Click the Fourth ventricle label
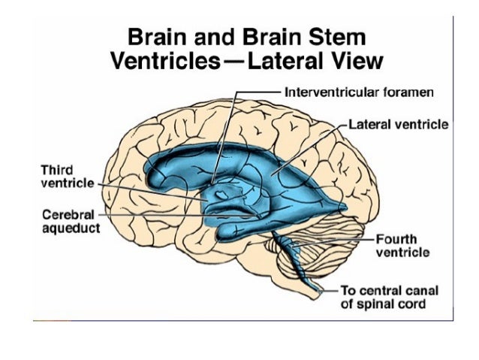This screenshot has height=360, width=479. pos(402,246)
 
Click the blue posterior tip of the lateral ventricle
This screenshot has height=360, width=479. pos(342,205)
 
